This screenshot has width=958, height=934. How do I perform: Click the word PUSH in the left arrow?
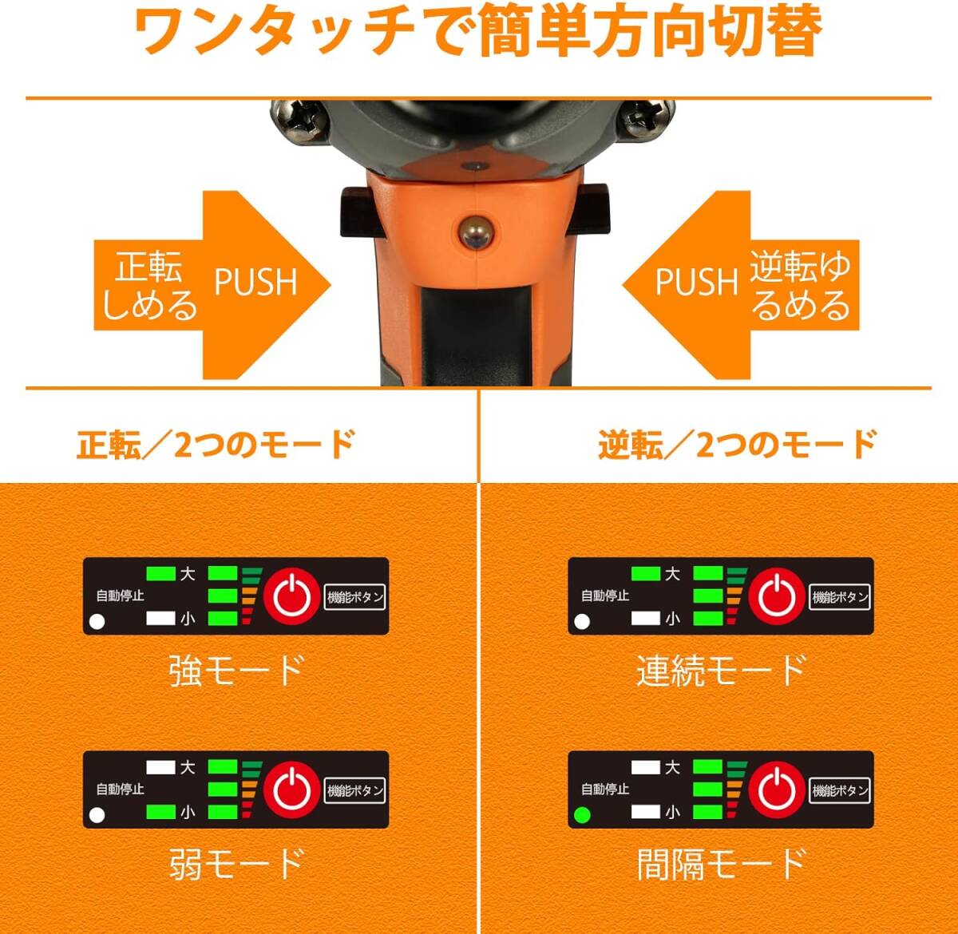coord(256,282)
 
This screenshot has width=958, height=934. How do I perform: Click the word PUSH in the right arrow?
coord(697,282)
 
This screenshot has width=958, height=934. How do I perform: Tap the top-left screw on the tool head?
coord(299,121)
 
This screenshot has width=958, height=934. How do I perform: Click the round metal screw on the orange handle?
coord(476,232)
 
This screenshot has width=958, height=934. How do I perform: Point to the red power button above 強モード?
coord(291,596)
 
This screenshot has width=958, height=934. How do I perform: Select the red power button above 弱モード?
coord(291,790)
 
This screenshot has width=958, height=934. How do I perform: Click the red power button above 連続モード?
coord(777,596)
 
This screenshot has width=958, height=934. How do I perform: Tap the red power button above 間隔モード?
coord(777,790)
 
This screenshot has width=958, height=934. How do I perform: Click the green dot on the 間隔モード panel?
coord(582,815)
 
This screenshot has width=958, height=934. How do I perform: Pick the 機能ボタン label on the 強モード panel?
coord(354,597)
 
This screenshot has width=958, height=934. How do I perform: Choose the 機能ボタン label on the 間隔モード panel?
coord(840,791)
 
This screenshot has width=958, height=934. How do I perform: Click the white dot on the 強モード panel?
coord(97,622)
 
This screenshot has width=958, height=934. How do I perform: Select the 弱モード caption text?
coord(236,864)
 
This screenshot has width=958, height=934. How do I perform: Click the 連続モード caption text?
coord(722,670)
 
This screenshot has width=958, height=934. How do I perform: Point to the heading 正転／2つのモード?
coord(216,444)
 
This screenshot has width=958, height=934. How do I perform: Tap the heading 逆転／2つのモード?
coord(738,444)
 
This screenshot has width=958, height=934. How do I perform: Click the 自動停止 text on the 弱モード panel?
coord(120,790)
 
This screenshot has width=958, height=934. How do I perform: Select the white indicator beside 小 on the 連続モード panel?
coord(646,619)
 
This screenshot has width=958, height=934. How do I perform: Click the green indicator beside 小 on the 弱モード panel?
coord(161,812)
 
